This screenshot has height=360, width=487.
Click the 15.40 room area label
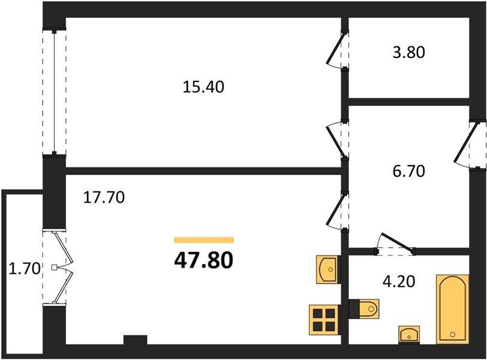[x=204, y=87]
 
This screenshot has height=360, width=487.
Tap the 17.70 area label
[x=104, y=197]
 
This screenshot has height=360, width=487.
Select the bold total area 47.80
[x=204, y=260]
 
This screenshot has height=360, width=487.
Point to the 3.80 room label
[x=409, y=52]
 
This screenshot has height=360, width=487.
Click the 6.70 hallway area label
[x=409, y=171]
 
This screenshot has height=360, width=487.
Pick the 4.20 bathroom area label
[x=399, y=282]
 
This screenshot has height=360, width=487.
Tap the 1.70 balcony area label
[x=25, y=269]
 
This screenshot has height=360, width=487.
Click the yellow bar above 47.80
[x=204, y=239]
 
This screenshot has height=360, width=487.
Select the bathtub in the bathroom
[x=453, y=309]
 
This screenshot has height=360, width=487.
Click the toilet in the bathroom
[x=364, y=309]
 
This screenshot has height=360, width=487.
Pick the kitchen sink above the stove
[x=328, y=269]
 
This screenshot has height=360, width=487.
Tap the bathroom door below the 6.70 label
[x=395, y=244]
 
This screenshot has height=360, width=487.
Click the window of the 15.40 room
[x=55, y=92]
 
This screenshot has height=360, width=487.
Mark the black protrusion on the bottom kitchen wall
[x=135, y=340]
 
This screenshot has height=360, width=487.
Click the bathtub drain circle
[x=453, y=335]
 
